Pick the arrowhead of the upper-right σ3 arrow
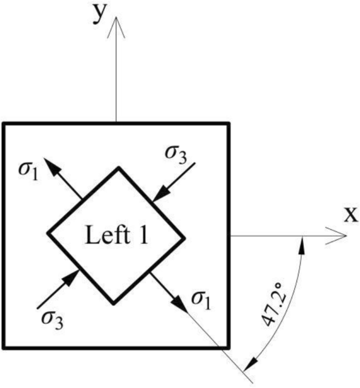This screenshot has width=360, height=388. coord(157,195)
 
